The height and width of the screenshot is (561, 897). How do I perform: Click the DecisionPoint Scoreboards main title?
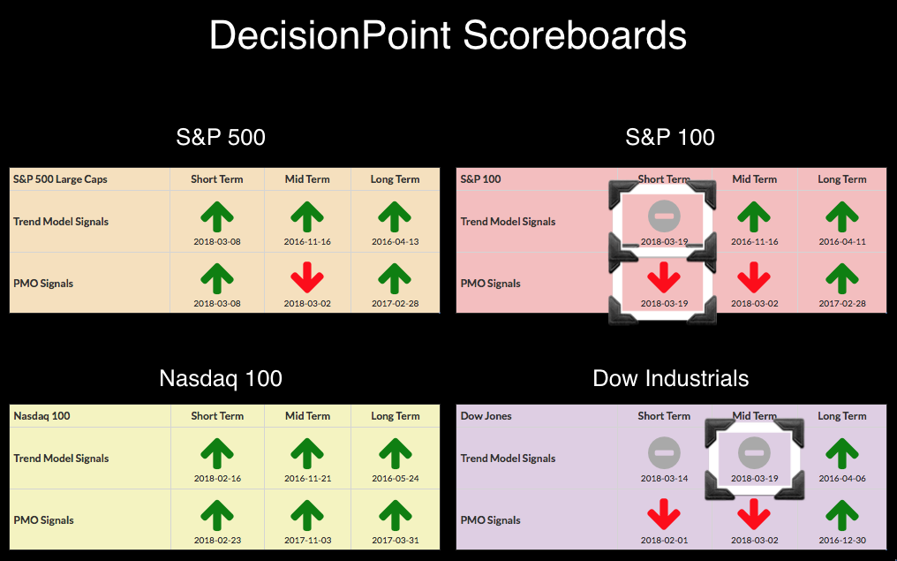coord(448,35)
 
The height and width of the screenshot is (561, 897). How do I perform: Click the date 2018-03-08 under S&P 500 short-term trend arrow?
coord(217,241)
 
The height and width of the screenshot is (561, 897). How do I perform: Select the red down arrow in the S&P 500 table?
coord(307,277)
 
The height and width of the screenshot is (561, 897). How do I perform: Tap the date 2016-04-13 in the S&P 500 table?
coord(396,241)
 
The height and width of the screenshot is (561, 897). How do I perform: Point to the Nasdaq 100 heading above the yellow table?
coord(221,378)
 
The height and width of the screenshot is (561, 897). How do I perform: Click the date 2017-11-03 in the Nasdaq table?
coord(307,540)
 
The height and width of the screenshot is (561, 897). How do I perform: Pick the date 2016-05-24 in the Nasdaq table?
coord(396,478)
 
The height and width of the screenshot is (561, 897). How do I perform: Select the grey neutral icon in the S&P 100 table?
coord(664,216)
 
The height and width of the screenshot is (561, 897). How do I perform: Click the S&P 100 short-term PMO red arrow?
coord(664,277)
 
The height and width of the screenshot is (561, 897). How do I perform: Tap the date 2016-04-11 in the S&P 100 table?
coord(842,241)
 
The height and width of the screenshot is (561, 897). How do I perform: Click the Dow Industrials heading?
coord(670,378)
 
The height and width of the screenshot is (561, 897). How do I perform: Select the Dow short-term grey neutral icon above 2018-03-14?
coord(664,453)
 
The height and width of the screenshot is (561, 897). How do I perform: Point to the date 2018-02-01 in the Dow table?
coord(664,540)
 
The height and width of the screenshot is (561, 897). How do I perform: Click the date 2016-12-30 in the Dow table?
coord(842,540)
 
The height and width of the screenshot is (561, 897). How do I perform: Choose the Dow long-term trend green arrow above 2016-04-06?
coord(842,453)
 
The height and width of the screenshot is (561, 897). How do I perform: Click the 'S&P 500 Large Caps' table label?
coord(60,179)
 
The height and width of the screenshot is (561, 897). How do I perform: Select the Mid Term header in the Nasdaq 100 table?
coord(308,416)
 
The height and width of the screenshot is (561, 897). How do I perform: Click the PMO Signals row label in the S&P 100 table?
coord(491,284)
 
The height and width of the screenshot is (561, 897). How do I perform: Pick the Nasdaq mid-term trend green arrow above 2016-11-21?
coord(307,453)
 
